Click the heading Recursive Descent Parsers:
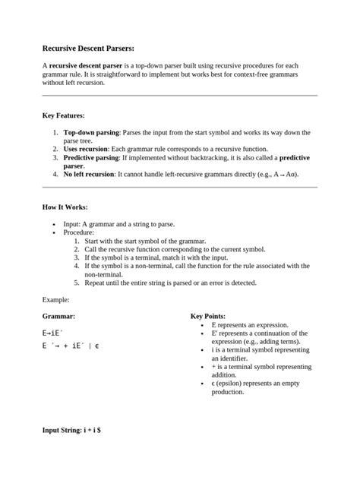click(88, 47)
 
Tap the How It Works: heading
click(65, 207)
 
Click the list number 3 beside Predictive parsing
click(55, 157)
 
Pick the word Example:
click(56, 300)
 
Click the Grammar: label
click(58, 316)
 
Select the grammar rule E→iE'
click(53, 333)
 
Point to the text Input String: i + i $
click(77, 431)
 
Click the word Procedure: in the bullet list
click(78, 232)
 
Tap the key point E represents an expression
click(250, 324)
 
